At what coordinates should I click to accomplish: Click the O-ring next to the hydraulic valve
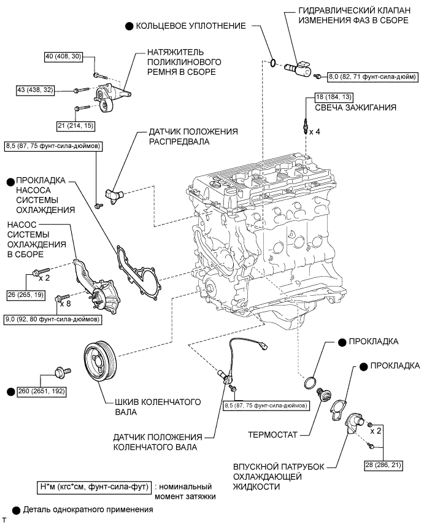click(x=272, y=61)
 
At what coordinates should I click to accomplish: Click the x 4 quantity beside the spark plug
click(x=315, y=132)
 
